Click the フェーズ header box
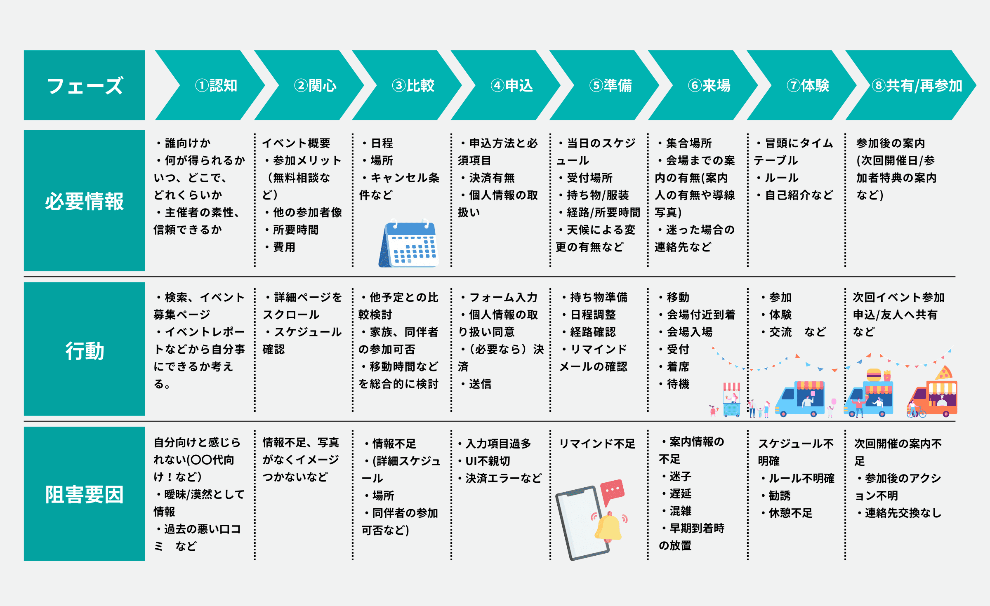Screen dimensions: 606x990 (84, 85)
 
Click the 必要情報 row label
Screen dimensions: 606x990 (84, 201)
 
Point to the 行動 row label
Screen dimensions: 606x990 (84, 350)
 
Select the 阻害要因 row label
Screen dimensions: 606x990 (84, 494)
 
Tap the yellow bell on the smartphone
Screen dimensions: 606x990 (608, 527)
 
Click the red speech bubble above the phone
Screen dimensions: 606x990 (613, 491)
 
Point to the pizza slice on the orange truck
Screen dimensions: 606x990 (943, 373)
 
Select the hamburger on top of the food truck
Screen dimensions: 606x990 (873, 375)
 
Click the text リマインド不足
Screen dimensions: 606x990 (596, 444)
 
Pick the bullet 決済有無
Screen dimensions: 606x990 (492, 178)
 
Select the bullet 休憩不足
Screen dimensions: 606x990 (790, 513)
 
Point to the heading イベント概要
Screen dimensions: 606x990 (296, 143)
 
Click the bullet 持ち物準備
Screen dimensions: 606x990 (598, 297)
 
